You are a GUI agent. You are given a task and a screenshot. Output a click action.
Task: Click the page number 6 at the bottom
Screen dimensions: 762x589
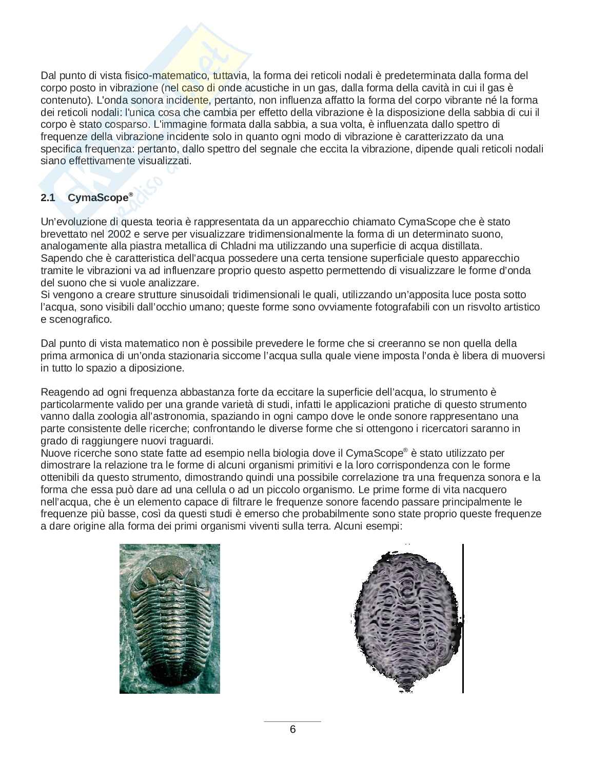(x=292, y=729)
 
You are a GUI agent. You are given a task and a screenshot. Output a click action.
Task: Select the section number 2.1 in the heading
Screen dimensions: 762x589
(x=48, y=198)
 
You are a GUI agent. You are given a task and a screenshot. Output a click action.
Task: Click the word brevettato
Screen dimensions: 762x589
(x=62, y=234)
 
